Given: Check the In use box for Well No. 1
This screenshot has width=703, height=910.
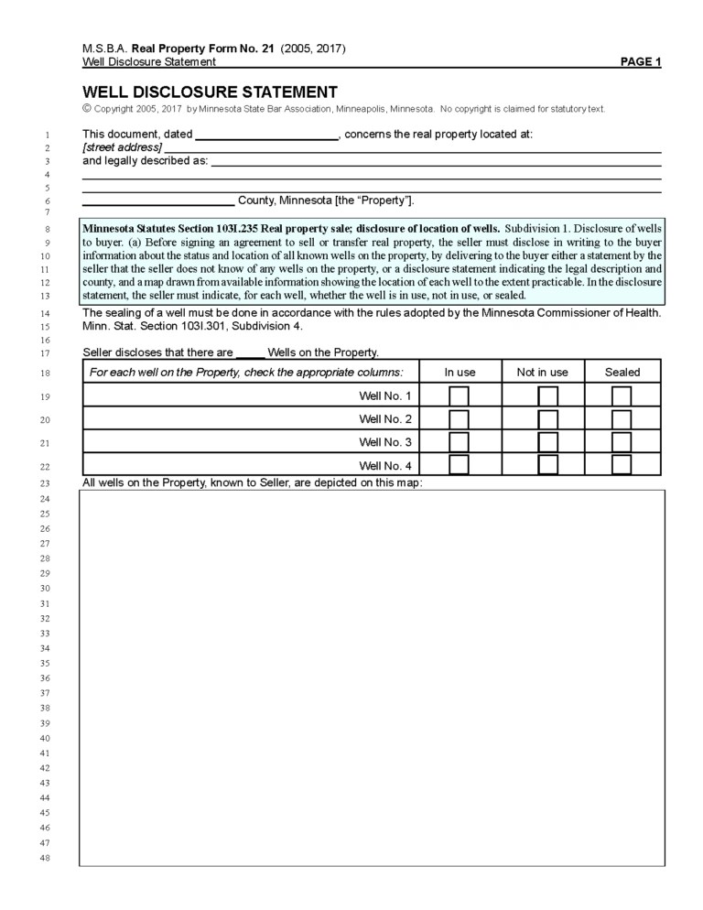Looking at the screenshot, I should click(x=460, y=395).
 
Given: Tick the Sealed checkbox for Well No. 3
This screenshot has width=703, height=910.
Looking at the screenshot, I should click(x=622, y=442).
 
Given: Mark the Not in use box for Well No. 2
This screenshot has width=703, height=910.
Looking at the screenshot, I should click(x=547, y=419).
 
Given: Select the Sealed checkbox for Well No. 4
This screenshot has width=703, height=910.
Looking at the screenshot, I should click(x=622, y=465).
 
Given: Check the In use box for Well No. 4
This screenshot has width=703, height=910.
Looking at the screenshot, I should click(x=460, y=465).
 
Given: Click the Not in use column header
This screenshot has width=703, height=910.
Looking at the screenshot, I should click(x=542, y=373).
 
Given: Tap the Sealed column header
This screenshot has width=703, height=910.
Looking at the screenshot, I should click(x=622, y=373).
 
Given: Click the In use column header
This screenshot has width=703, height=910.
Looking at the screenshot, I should click(x=460, y=373).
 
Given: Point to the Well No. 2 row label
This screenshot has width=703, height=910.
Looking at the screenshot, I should click(x=385, y=419).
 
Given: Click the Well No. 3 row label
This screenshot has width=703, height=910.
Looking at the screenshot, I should click(x=385, y=442).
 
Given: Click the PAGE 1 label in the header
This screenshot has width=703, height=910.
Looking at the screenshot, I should click(x=640, y=62).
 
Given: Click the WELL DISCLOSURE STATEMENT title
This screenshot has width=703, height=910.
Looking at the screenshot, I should click(x=210, y=92).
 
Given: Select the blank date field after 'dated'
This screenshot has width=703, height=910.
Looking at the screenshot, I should click(x=267, y=135).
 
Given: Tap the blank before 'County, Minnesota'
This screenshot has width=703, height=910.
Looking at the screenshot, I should click(x=158, y=201).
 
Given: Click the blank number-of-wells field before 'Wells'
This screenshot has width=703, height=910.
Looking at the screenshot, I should click(x=250, y=352).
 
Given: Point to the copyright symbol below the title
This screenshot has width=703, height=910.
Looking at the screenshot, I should click(x=87, y=109).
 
